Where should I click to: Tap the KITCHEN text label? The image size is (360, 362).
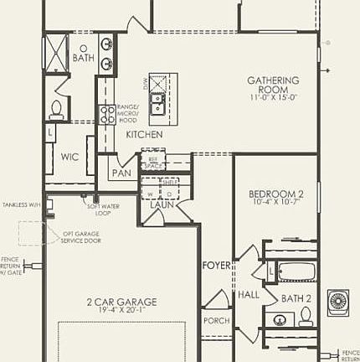pos(144,134)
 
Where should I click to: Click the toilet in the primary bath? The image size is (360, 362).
pos(57,108)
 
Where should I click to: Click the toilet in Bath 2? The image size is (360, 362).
pos(306,316)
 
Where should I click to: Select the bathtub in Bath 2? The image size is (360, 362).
pos(296,272)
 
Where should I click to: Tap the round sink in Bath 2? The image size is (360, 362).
pos(280,318)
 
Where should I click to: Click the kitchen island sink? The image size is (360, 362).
pos(157,103)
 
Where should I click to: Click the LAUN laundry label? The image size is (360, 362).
pos(161,204)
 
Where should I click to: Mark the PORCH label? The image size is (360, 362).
pos(216,321)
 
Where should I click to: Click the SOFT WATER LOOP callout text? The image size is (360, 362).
pos(99,209)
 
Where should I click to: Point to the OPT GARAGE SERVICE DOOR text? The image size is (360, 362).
pos(82,236)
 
